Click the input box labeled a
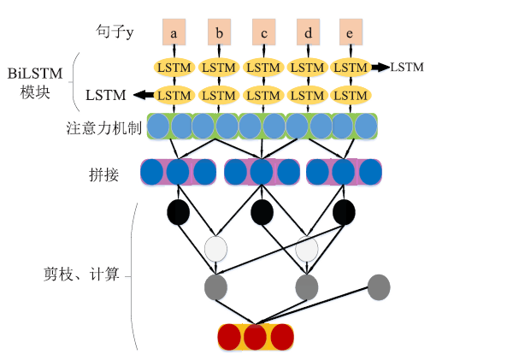pos(174,32)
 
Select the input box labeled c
pos(264,32)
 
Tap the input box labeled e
pos(351,32)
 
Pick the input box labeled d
pos(308,32)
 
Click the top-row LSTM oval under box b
pos(219,68)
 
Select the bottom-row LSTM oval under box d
pos(308,96)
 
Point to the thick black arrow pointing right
pos(380,68)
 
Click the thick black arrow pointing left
pos(144,95)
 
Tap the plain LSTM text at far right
pos(407,68)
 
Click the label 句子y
pos(115,32)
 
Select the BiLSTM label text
pos(35,74)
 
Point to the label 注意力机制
pos(103,128)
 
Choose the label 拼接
pos(103,175)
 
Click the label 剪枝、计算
pos(81,274)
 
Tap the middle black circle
pos(262,212)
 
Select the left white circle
pos(215,249)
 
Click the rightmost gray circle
pos(379,287)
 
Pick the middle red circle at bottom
pos(256,337)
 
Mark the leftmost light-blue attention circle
pos(158,127)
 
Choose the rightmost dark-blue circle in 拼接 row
pos(370,172)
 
